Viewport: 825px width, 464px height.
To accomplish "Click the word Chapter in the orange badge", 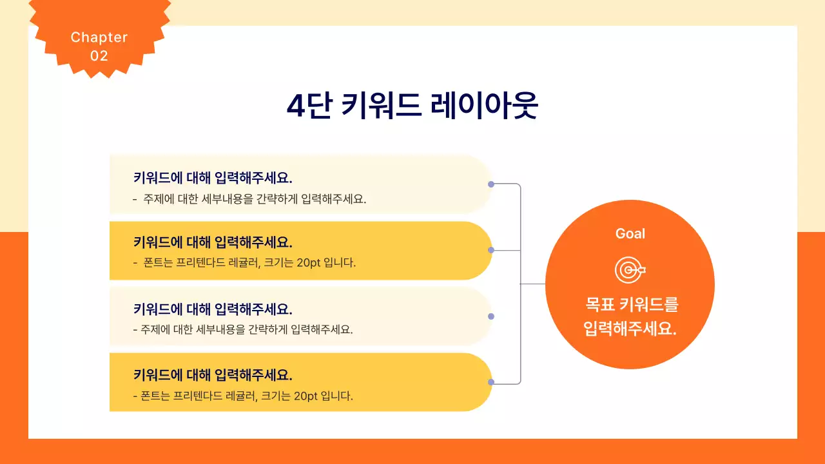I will tap(99, 37).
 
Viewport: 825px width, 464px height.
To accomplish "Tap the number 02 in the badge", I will tap(99, 56).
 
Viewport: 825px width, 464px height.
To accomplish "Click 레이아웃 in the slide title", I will tap(483, 106).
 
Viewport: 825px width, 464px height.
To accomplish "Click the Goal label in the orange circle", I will tap(630, 233).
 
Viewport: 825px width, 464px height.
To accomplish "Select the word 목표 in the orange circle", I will tap(599, 304).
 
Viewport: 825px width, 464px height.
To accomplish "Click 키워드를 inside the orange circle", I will tap(649, 304).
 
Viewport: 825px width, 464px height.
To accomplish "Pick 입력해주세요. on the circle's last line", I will tap(630, 328).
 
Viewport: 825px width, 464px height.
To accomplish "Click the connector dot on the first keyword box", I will tap(491, 184).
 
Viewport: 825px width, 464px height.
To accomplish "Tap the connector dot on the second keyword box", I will tap(491, 250).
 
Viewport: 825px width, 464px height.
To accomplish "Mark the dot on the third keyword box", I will tap(491, 316).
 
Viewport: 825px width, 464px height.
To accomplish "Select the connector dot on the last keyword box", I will tap(491, 382).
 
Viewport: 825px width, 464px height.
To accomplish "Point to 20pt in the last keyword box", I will tap(306, 396).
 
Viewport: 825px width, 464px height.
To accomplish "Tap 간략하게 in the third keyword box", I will tap(267, 329).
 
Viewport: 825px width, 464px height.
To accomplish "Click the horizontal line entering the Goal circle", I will tap(532, 284).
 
